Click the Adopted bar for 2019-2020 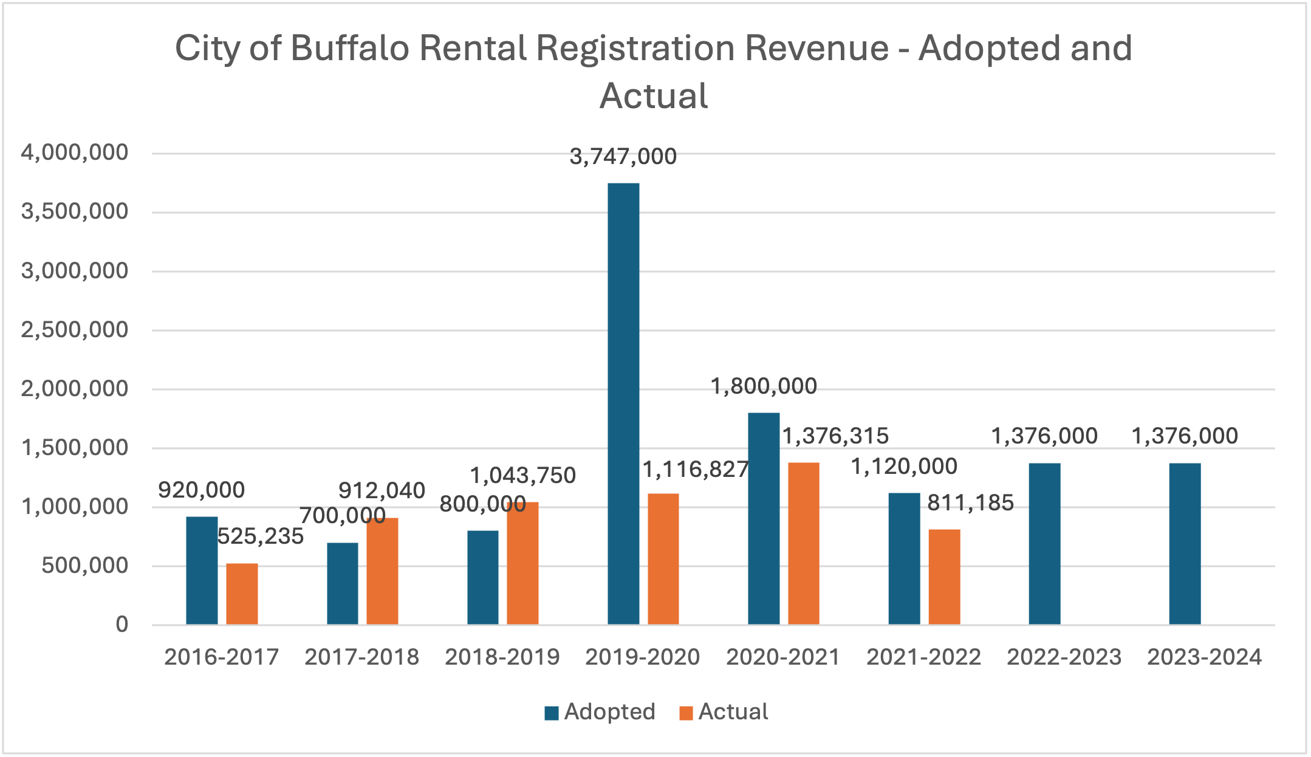[x=623, y=403]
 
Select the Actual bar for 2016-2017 [x=242, y=594]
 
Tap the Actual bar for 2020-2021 [x=803, y=543]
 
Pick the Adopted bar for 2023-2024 [x=1185, y=543]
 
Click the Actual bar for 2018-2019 [x=522, y=563]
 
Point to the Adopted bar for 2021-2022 [x=904, y=558]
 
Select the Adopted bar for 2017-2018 [x=343, y=583]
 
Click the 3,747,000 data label [x=623, y=157]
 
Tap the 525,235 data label [x=260, y=536]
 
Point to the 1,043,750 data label [x=522, y=475]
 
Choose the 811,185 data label [x=970, y=503]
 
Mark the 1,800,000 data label [x=764, y=386]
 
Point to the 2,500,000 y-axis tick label [x=75, y=330]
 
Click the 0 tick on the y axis [x=122, y=625]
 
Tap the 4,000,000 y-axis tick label [x=75, y=152]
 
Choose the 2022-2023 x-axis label [x=1064, y=657]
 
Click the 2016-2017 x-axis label [x=221, y=657]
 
